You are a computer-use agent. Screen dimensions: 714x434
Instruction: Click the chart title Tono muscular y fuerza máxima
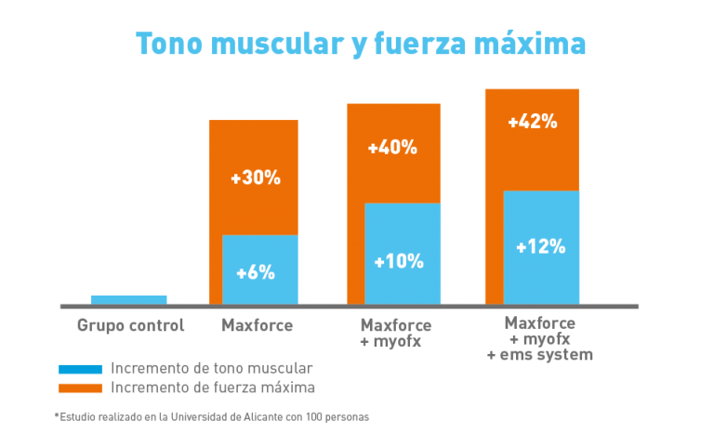pyautogui.click(x=361, y=45)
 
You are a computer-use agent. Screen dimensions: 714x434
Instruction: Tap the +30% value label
pyautogui.click(x=256, y=178)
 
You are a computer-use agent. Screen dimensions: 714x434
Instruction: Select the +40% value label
pyautogui.click(x=392, y=148)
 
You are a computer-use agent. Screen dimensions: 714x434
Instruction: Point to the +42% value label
pyautogui.click(x=533, y=122)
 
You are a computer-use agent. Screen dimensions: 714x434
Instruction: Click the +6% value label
pyautogui.click(x=256, y=273)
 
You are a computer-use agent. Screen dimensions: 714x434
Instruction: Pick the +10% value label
pyautogui.click(x=399, y=262)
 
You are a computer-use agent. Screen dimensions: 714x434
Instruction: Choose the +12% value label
pyautogui.click(x=540, y=247)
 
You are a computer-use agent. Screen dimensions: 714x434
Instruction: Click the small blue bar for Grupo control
pyautogui.click(x=129, y=299)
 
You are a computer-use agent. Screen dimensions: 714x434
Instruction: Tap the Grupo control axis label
pyautogui.click(x=131, y=325)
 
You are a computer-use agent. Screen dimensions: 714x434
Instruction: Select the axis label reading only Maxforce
pyautogui.click(x=257, y=325)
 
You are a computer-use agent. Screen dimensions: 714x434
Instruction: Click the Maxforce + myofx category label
pyautogui.click(x=396, y=333)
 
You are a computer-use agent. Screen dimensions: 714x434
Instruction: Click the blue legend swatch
pyautogui.click(x=80, y=369)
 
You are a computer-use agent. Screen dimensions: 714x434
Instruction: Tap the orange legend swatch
pyautogui.click(x=80, y=388)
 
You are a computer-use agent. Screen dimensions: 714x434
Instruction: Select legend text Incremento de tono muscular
pyautogui.click(x=212, y=368)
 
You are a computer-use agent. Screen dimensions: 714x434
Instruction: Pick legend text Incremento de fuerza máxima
pyautogui.click(x=213, y=388)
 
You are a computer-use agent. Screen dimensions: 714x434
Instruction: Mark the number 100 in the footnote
pyautogui.click(x=313, y=417)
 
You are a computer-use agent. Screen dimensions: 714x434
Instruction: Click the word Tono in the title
pyautogui.click(x=169, y=45)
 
